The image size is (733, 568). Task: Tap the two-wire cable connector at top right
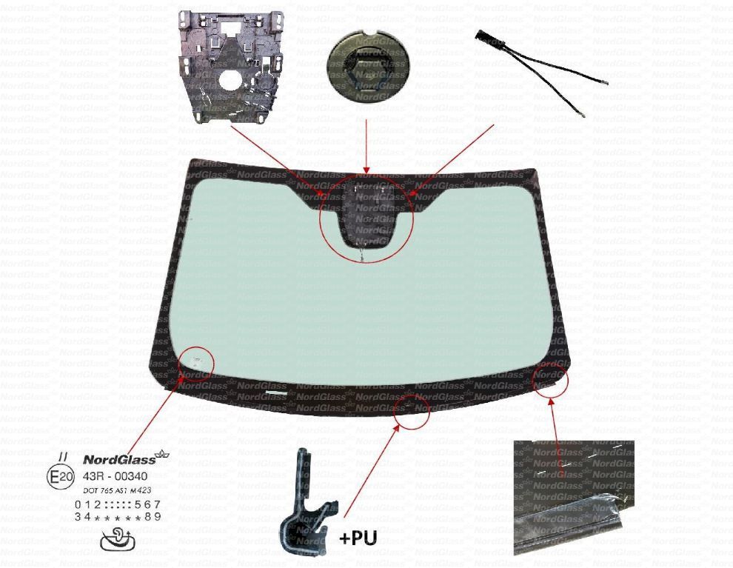(x=544, y=74)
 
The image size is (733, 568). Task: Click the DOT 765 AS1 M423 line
(x=115, y=490)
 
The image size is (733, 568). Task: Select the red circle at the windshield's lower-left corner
(x=198, y=362)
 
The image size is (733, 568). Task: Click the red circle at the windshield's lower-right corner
(x=550, y=379)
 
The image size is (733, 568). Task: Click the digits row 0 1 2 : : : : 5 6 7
(x=118, y=504)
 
